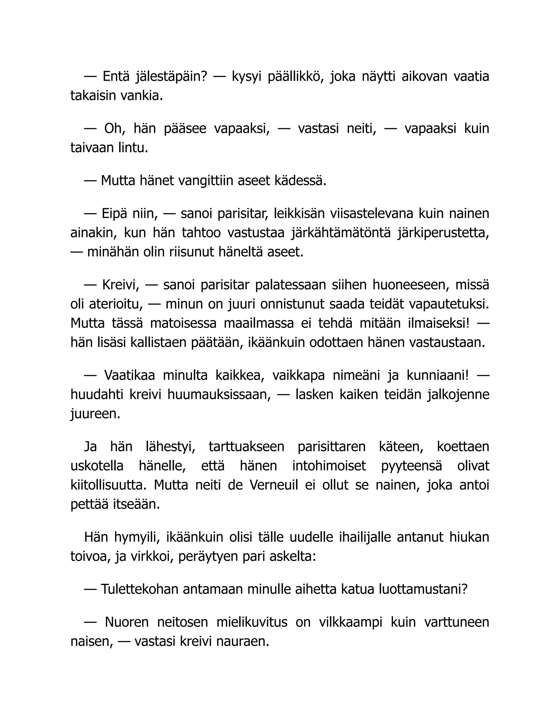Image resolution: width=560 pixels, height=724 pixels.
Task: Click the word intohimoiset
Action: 329,466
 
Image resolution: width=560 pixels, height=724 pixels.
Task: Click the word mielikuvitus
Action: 252,622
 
